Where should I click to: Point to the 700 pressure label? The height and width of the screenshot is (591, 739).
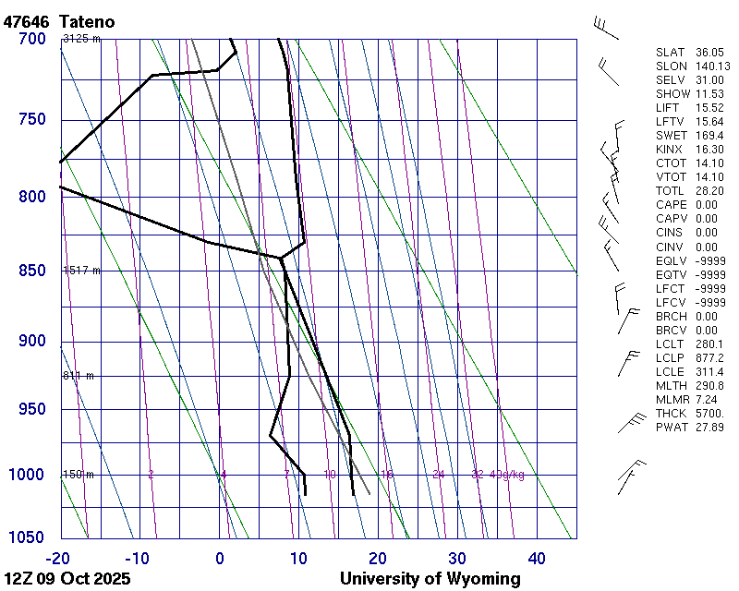point(31,38)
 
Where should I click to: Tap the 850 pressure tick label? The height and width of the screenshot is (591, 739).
point(31,271)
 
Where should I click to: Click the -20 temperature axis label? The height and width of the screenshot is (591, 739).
point(57,558)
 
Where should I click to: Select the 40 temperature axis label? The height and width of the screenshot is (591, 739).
point(537,558)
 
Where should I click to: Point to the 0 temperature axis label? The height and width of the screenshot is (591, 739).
point(220,558)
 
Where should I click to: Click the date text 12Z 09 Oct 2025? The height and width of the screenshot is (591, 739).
point(67,579)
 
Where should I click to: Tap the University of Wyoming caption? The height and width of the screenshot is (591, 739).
point(430,579)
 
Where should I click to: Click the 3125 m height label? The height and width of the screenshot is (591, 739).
point(81,38)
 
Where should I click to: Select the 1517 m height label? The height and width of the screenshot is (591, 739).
point(81,271)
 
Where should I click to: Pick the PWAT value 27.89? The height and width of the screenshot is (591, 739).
point(709,428)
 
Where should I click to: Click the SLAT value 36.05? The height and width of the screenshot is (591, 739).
point(709,53)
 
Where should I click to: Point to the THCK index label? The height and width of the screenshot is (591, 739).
point(671,414)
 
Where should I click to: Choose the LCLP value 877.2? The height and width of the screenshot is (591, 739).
point(709,357)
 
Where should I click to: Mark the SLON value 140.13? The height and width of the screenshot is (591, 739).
point(712,66)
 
